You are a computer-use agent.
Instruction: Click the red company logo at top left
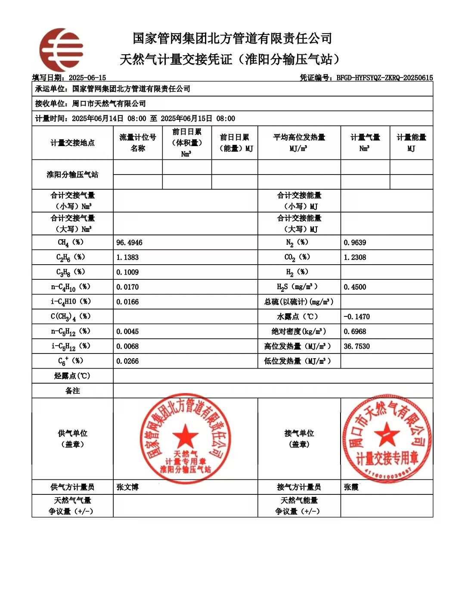tap(61, 49)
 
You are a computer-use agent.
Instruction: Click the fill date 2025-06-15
tap(87, 78)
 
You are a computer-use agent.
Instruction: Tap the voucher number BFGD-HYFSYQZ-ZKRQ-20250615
tap(384, 78)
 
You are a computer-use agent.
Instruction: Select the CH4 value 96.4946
tap(129, 243)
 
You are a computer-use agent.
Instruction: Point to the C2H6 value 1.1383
tap(127, 257)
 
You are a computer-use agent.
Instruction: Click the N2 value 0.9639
tap(355, 243)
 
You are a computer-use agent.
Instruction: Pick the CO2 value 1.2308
tap(355, 257)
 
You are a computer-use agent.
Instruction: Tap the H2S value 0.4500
tap(355, 287)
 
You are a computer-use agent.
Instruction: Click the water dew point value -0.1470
tap(356, 317)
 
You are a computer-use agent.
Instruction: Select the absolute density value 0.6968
tap(355, 331)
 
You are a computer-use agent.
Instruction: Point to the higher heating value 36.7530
tap(356, 346)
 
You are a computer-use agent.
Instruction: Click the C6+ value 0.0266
tap(127, 361)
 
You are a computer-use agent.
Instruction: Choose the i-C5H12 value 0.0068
tap(127, 346)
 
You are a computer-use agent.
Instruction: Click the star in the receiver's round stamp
tap(386, 434)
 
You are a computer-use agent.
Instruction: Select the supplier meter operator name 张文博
tap(127, 487)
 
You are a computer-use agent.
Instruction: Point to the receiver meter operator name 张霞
tap(351, 487)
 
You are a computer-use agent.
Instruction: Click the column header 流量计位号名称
tap(138, 143)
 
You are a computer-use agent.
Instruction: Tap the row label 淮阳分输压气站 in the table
tap(72, 175)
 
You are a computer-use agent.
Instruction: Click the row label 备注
tap(72, 391)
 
